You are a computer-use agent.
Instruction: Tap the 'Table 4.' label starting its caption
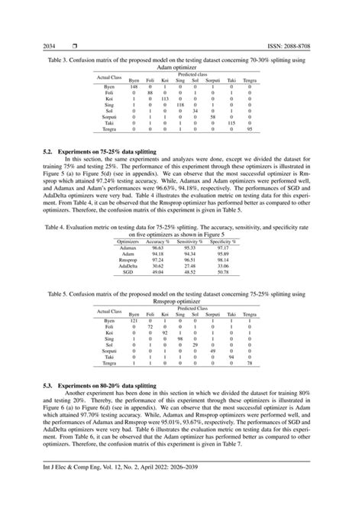point(55,227)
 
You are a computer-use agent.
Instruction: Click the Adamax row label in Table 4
point(128,247)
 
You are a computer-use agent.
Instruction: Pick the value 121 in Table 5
point(134,321)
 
